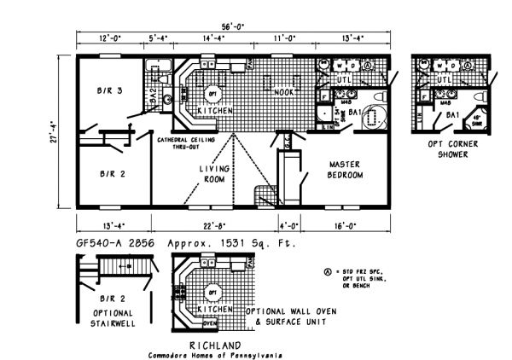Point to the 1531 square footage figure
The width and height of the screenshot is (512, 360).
215,244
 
